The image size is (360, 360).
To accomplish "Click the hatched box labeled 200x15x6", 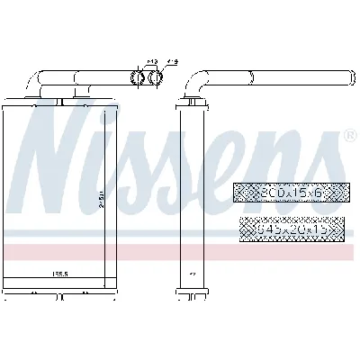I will [289, 192].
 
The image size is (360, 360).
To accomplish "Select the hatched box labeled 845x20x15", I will [289, 229].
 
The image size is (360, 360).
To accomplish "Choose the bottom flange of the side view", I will [193, 292].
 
